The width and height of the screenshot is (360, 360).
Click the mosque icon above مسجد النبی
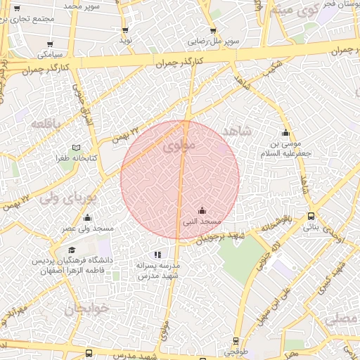point(202,210)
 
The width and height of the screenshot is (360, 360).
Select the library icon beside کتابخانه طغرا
point(77,148)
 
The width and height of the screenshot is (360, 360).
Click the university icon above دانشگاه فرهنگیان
point(71,250)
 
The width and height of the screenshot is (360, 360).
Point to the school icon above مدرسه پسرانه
point(157,255)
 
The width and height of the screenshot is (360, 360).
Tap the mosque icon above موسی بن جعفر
point(285,133)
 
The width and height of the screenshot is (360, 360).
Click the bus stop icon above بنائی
point(311,217)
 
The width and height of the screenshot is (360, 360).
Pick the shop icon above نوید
point(125,30)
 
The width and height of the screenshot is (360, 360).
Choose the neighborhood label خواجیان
point(84,309)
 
